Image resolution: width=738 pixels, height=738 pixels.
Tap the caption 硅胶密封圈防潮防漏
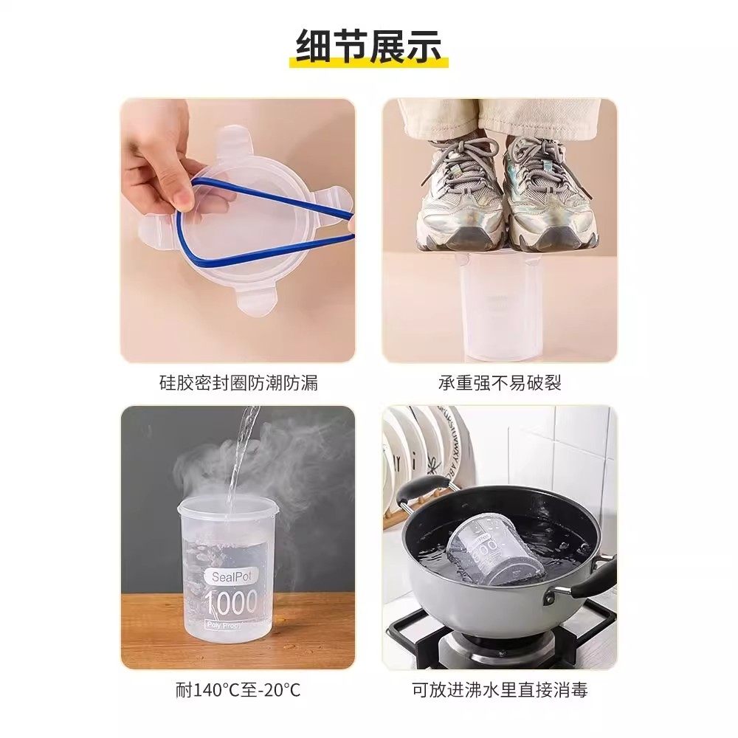pyautogui.click(x=238, y=383)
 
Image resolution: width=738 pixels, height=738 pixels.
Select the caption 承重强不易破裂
pyautogui.click(x=500, y=383)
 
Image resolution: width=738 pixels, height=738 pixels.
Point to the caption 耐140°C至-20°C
pyautogui.click(x=238, y=691)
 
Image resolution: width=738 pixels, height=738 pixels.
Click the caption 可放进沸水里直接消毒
pyautogui.click(x=500, y=691)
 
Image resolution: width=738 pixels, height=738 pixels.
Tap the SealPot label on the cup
pyautogui.click(x=231, y=576)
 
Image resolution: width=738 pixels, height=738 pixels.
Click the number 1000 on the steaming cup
pyautogui.click(x=231, y=603)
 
